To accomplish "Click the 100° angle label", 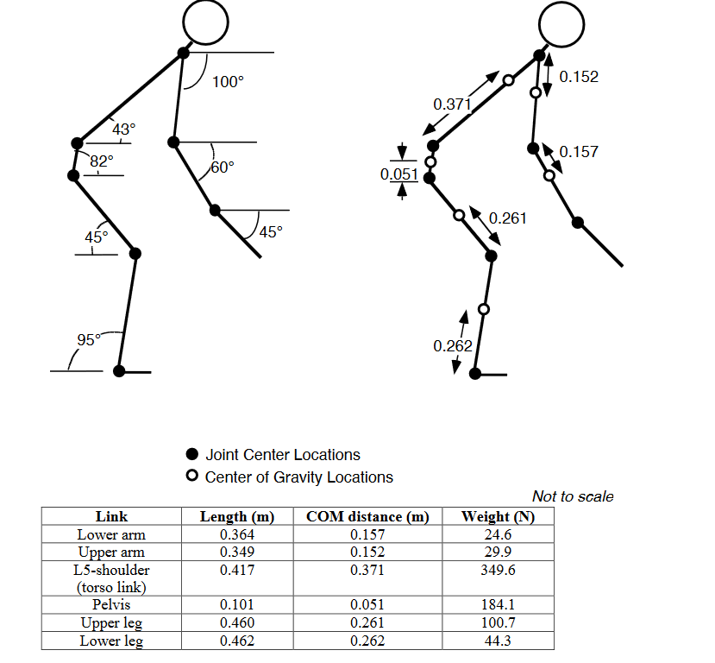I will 229,82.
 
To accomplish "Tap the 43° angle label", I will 123,129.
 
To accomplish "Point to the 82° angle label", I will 102,160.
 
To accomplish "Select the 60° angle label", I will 223,167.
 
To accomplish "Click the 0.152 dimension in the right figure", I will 579,77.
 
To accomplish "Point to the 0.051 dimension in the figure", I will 399,174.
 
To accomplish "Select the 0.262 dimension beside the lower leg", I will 453,346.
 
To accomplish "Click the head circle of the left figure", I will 207,21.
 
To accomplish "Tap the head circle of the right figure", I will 562,21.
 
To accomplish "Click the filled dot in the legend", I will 193,455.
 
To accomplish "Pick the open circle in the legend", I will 193,477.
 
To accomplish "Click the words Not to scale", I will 573,496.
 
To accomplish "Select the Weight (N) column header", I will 497,517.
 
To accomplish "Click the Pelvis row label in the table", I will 111,604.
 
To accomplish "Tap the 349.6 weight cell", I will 497,570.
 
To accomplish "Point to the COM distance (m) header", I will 367,517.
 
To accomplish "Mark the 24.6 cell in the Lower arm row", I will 497,534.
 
